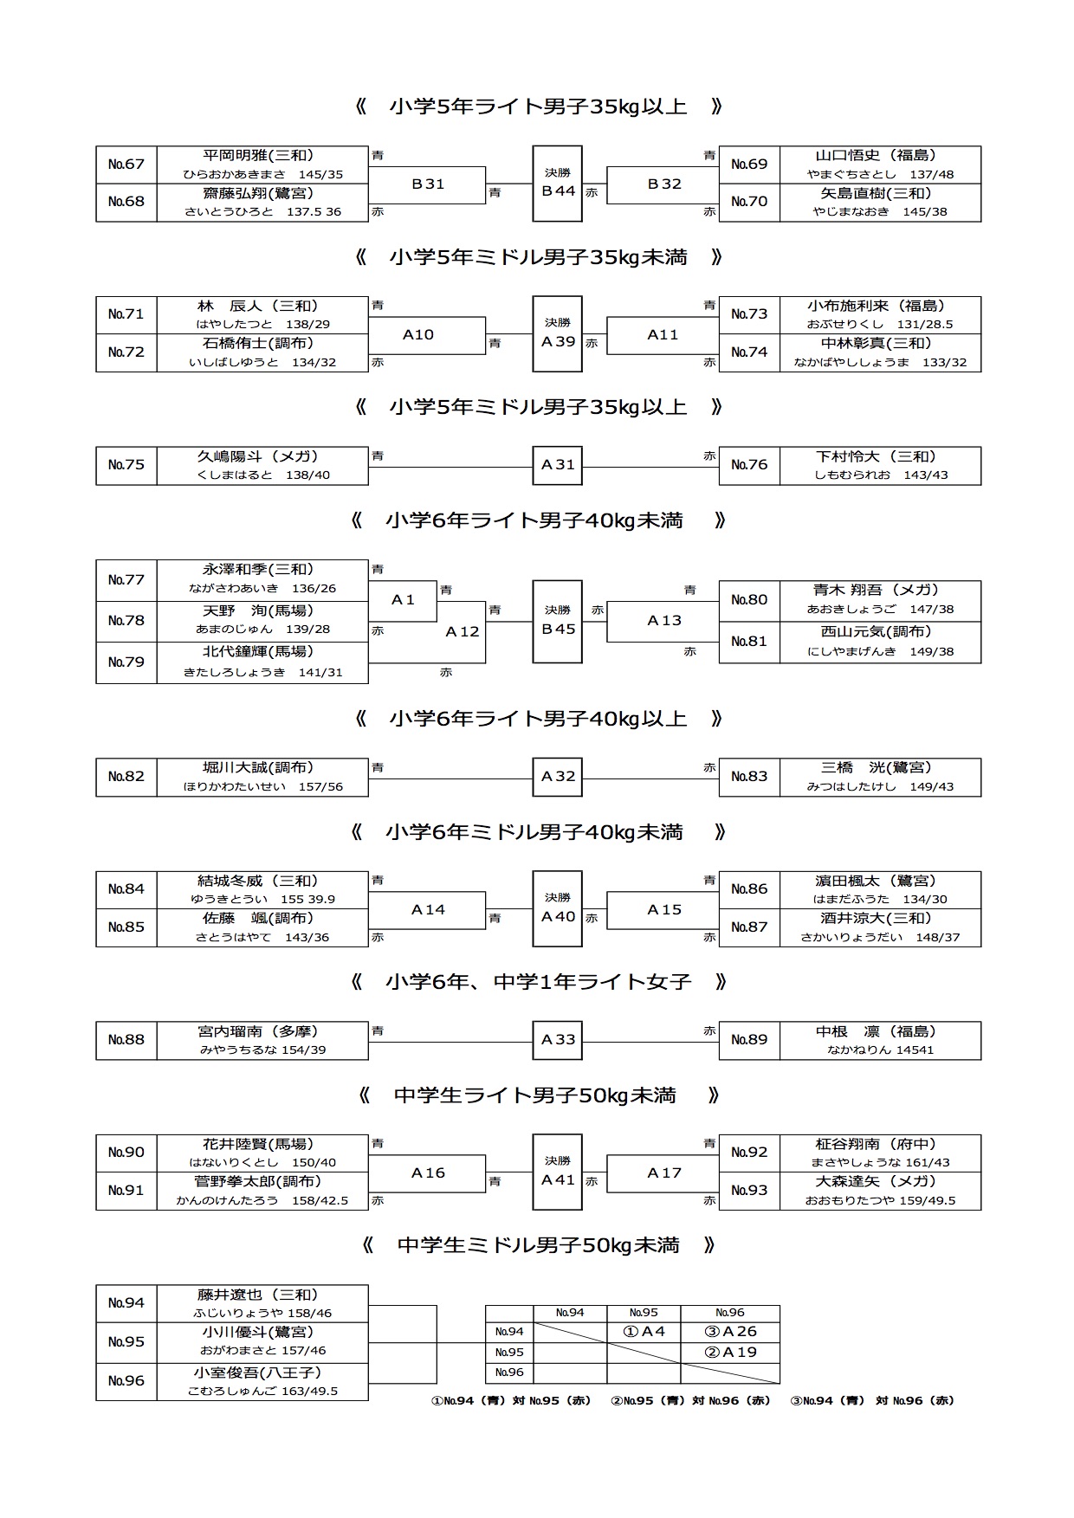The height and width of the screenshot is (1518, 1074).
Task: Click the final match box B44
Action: click(558, 184)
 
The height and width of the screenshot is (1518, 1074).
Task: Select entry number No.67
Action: click(126, 165)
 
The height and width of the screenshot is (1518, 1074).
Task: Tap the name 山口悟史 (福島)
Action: click(877, 156)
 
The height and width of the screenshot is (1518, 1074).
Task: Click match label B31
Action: click(428, 184)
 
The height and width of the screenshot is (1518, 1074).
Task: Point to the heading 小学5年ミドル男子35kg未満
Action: click(538, 257)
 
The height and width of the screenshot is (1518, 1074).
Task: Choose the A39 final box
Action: click(558, 334)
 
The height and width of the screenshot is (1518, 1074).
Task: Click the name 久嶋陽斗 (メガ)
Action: click(258, 456)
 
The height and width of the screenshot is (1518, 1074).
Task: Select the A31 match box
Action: click(558, 465)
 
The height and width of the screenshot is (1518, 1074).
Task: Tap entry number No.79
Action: click(126, 662)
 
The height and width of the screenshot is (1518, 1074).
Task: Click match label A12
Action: click(463, 632)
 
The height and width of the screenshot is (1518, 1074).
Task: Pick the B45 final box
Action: click(558, 621)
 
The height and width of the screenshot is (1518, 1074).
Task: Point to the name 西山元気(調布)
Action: click(877, 632)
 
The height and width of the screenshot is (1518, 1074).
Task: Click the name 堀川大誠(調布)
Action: click(258, 767)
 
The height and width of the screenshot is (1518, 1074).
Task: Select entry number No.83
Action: click(749, 777)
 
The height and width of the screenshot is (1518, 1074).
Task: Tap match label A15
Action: click(664, 909)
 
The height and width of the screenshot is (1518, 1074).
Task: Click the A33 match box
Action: click(558, 1040)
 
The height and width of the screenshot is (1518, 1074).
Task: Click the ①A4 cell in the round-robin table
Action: click(644, 1332)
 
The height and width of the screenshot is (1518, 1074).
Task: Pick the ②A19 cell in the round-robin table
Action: click(730, 1353)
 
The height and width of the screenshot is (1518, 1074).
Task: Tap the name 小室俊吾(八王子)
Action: click(258, 1373)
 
